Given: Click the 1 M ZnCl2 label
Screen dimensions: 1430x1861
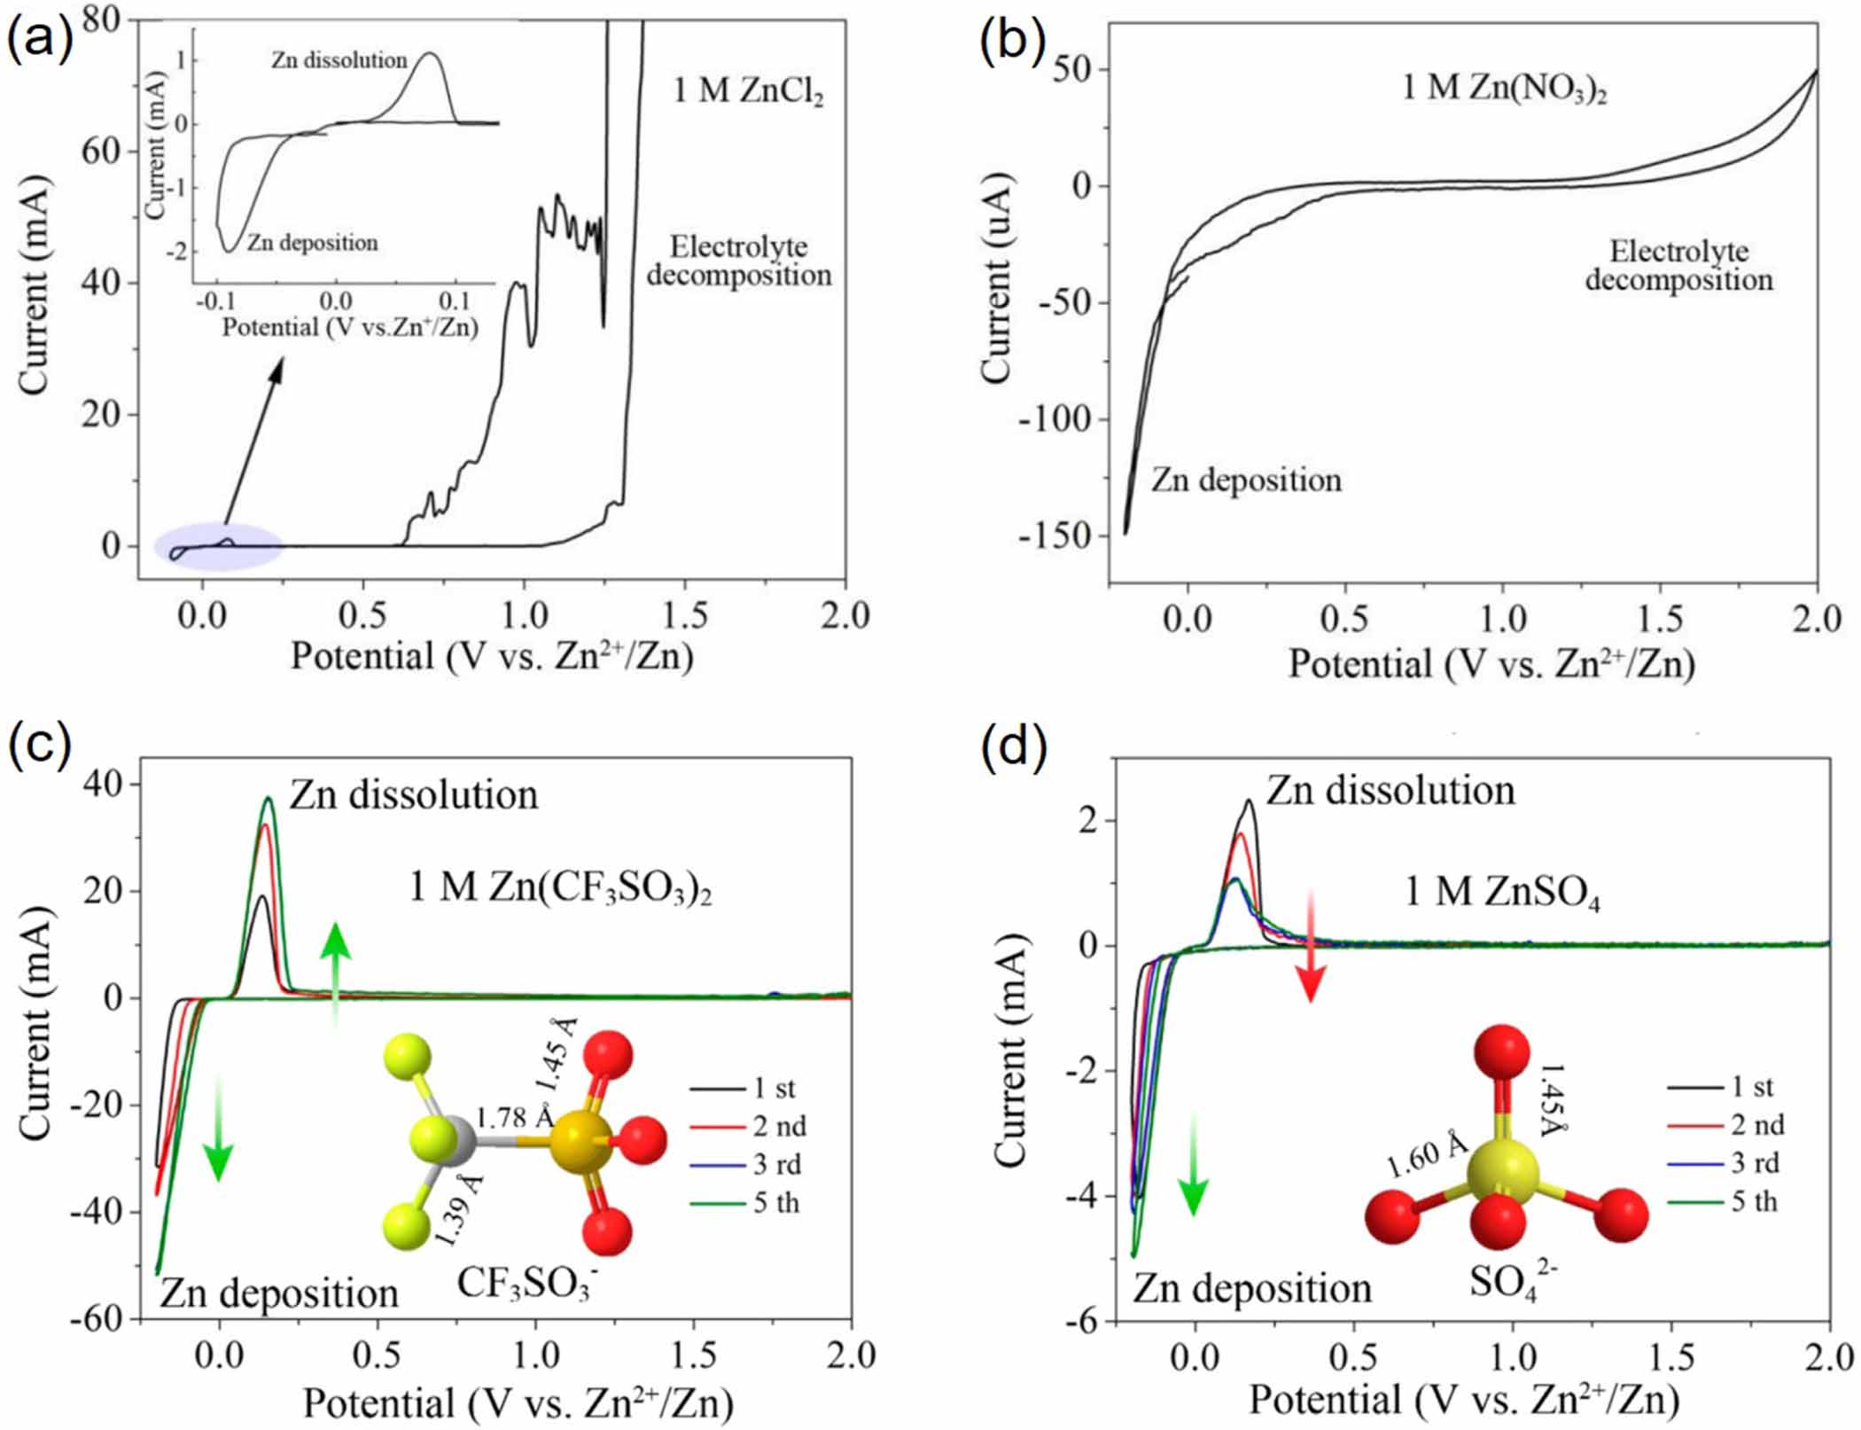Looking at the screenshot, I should coord(748,91).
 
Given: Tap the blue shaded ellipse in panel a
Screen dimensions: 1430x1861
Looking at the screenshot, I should coord(218,546).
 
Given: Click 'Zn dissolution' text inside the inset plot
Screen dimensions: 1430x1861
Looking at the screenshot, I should coord(339,60).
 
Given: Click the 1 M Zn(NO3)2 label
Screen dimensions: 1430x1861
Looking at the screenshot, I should coord(1504,89).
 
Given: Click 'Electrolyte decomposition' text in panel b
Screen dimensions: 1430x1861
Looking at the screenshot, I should coord(1679,266).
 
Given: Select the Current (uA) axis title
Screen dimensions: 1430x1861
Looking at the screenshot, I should coord(996,278).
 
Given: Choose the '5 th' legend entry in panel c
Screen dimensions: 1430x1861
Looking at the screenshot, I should coord(775,1203).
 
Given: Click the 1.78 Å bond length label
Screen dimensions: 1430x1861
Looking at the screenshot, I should coord(515,1118).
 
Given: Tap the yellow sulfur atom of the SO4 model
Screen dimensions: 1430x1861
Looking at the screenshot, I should coord(1503,1171).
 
